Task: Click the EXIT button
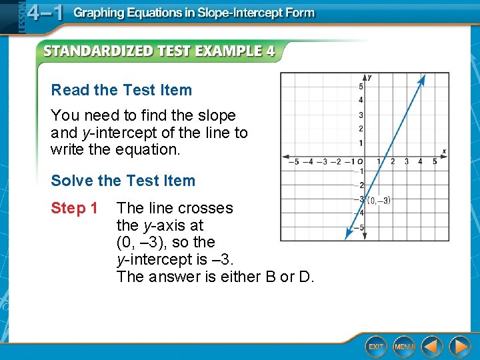tap(376, 347)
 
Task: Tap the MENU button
tap(403, 347)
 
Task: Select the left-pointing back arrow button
tap(432, 346)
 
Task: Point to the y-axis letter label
tap(369, 77)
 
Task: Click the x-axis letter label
tap(443, 152)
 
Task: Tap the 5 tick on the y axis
tap(361, 87)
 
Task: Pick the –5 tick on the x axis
tap(291, 161)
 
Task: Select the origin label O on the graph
tap(360, 161)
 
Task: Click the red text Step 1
tap(74, 208)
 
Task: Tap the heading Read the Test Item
tap(121, 90)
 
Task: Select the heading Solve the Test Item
tap(123, 181)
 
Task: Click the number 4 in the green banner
tap(270, 51)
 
